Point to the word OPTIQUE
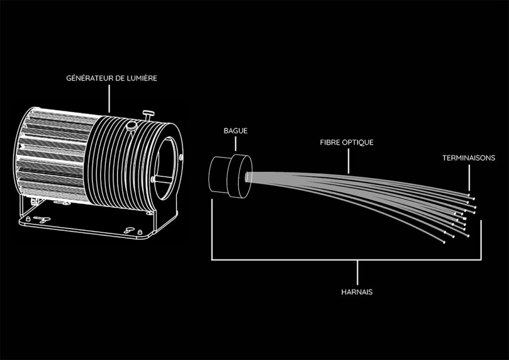click(358, 142)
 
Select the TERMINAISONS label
click(468, 158)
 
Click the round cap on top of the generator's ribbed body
click(132, 125)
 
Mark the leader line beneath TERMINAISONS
click(469, 178)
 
